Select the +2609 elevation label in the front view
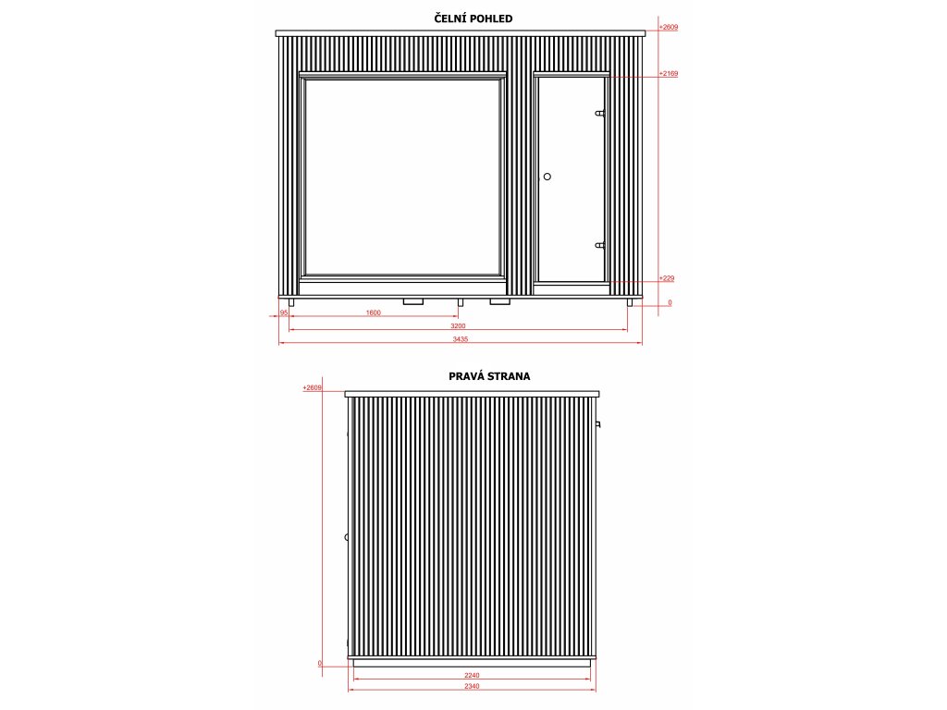670,28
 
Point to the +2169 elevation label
670,72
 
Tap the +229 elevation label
666,278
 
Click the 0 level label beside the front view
670,302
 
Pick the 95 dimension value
285,313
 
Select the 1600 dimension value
374,313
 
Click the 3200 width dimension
458,326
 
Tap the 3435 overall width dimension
461,339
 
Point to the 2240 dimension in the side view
473,676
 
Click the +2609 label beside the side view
311,388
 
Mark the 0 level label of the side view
319,663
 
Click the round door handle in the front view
547,176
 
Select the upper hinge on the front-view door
600,114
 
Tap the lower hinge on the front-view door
600,245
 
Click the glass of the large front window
402,176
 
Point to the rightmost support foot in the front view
631,302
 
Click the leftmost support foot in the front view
291,302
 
